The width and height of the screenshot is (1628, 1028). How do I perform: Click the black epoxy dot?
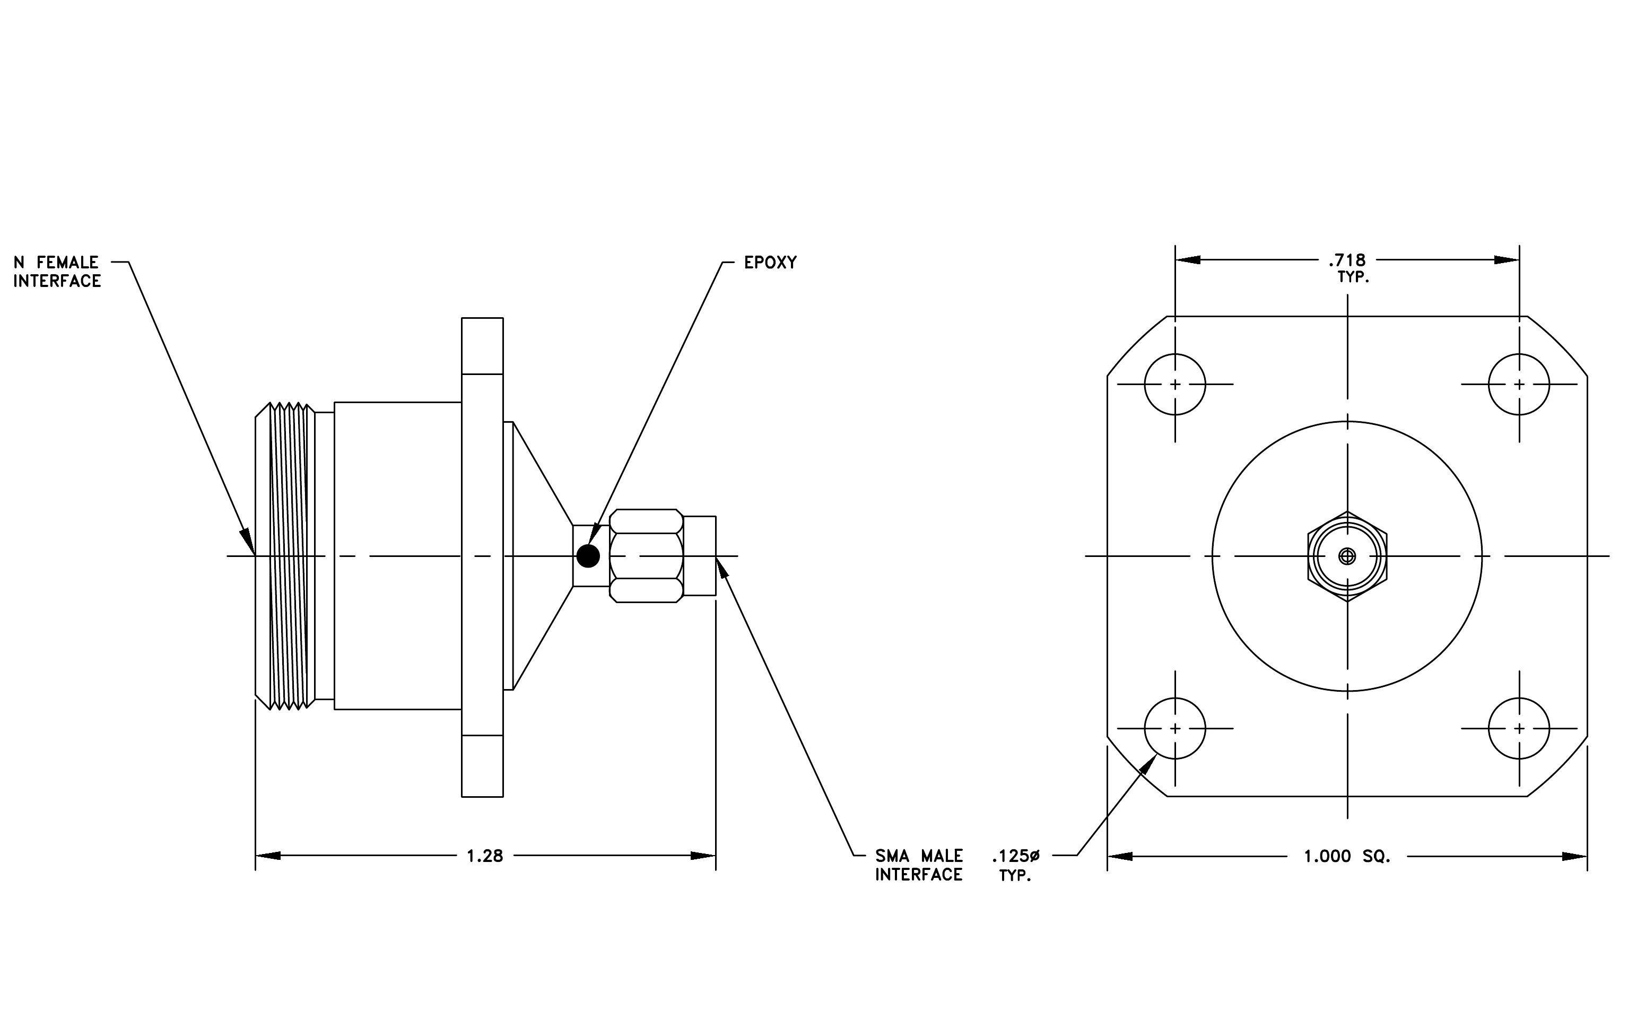[588, 556]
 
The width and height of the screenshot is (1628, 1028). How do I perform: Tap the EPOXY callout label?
[770, 262]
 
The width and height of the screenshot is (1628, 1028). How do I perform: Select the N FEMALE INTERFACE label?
[57, 272]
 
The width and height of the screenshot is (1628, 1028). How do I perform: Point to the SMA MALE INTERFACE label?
[918, 865]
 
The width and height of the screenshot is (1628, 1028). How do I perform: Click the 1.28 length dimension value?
[485, 856]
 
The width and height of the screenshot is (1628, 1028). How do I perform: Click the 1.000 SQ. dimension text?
[1347, 856]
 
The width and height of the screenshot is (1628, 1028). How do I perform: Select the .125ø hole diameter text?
[1015, 856]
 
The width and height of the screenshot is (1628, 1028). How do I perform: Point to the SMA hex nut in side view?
[646, 555]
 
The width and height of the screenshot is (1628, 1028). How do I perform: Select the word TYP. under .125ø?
[1015, 876]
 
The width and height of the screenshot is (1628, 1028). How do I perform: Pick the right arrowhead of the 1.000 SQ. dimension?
[1574, 856]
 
